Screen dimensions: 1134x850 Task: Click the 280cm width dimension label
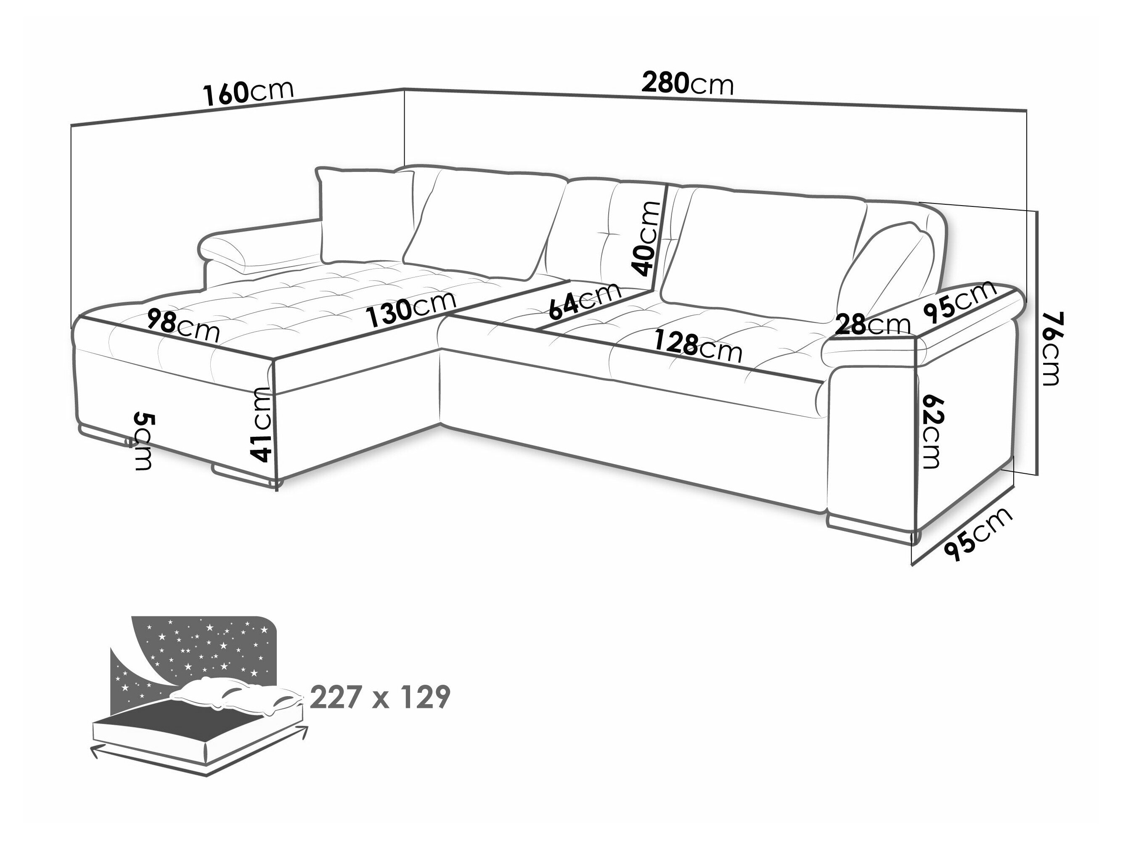(x=687, y=84)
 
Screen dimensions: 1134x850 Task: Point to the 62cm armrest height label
(x=930, y=431)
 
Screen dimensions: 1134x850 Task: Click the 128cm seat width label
(x=698, y=347)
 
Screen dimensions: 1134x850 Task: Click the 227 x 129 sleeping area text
(x=380, y=697)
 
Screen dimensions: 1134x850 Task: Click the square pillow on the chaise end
(x=366, y=216)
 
